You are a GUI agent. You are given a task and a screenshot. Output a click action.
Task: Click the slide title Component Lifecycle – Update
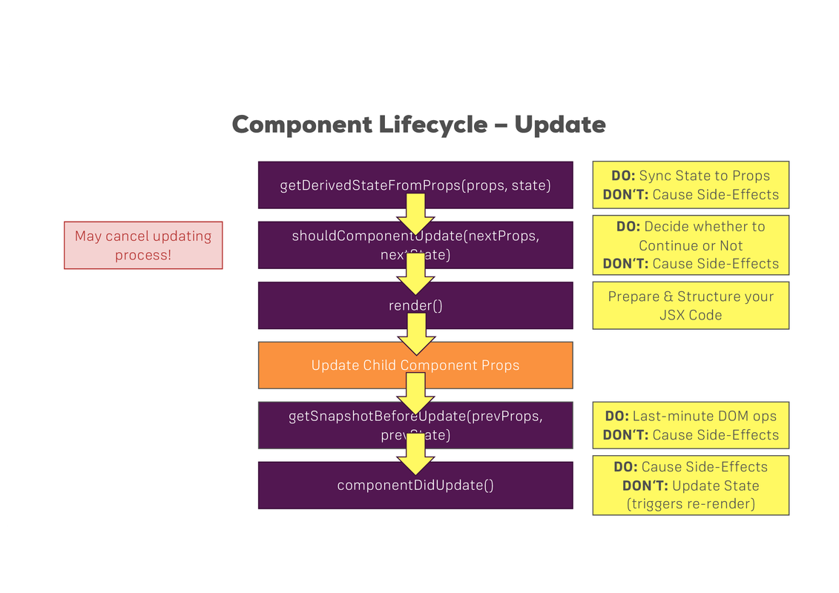pyautogui.click(x=418, y=124)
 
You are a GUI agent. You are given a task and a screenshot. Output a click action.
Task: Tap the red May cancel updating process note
pyautogui.click(x=143, y=245)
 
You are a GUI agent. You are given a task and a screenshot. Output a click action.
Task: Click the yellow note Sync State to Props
pyautogui.click(x=690, y=185)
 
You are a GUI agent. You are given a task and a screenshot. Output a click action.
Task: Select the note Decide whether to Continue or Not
pyautogui.click(x=690, y=245)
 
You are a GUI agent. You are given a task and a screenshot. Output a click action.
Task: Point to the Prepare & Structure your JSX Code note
pyautogui.click(x=690, y=305)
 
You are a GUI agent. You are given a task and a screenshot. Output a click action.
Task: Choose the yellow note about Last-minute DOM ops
pyautogui.click(x=690, y=425)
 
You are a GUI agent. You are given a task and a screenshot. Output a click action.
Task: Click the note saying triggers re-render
pyautogui.click(x=690, y=504)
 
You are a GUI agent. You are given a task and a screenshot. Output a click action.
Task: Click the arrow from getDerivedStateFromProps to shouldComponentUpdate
pyautogui.click(x=415, y=214)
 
